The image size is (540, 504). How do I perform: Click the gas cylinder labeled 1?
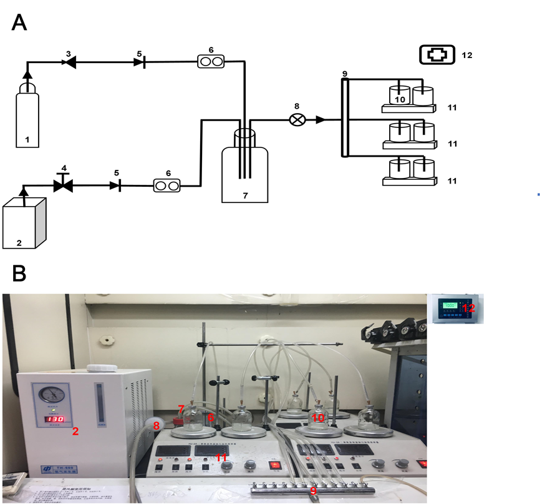click(27, 119)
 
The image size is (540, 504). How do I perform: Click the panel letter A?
click(19, 22)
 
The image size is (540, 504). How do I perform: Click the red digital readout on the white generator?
click(55, 418)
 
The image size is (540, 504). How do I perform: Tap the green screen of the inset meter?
click(450, 305)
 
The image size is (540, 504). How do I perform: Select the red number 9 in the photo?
click(313, 491)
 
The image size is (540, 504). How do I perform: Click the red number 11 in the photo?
click(221, 458)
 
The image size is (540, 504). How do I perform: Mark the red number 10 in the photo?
click(318, 418)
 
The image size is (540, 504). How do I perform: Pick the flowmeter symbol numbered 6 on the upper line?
click(211, 61)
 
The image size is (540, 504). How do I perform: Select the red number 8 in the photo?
click(157, 426)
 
